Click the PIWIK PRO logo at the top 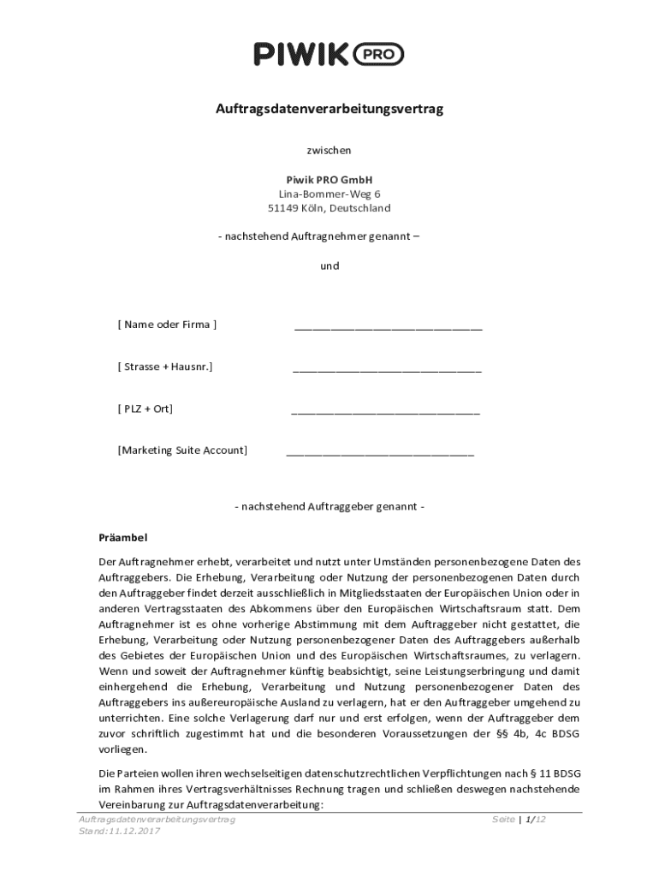[329, 56]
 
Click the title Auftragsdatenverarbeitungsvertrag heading [329, 110]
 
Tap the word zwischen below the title [329, 151]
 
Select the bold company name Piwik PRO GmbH [329, 180]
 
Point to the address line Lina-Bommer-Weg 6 [329, 194]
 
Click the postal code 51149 [283, 208]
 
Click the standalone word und [329, 265]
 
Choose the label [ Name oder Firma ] [167, 325]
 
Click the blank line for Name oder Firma [388, 327]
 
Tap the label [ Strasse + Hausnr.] [165, 367]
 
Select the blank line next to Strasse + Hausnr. [387, 370]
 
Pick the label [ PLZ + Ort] [145, 409]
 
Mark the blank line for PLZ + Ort [385, 412]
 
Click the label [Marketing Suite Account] [182, 450]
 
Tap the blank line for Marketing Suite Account [379, 453]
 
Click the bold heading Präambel [124, 538]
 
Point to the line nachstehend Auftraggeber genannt [329, 507]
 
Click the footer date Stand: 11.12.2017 [119, 832]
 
